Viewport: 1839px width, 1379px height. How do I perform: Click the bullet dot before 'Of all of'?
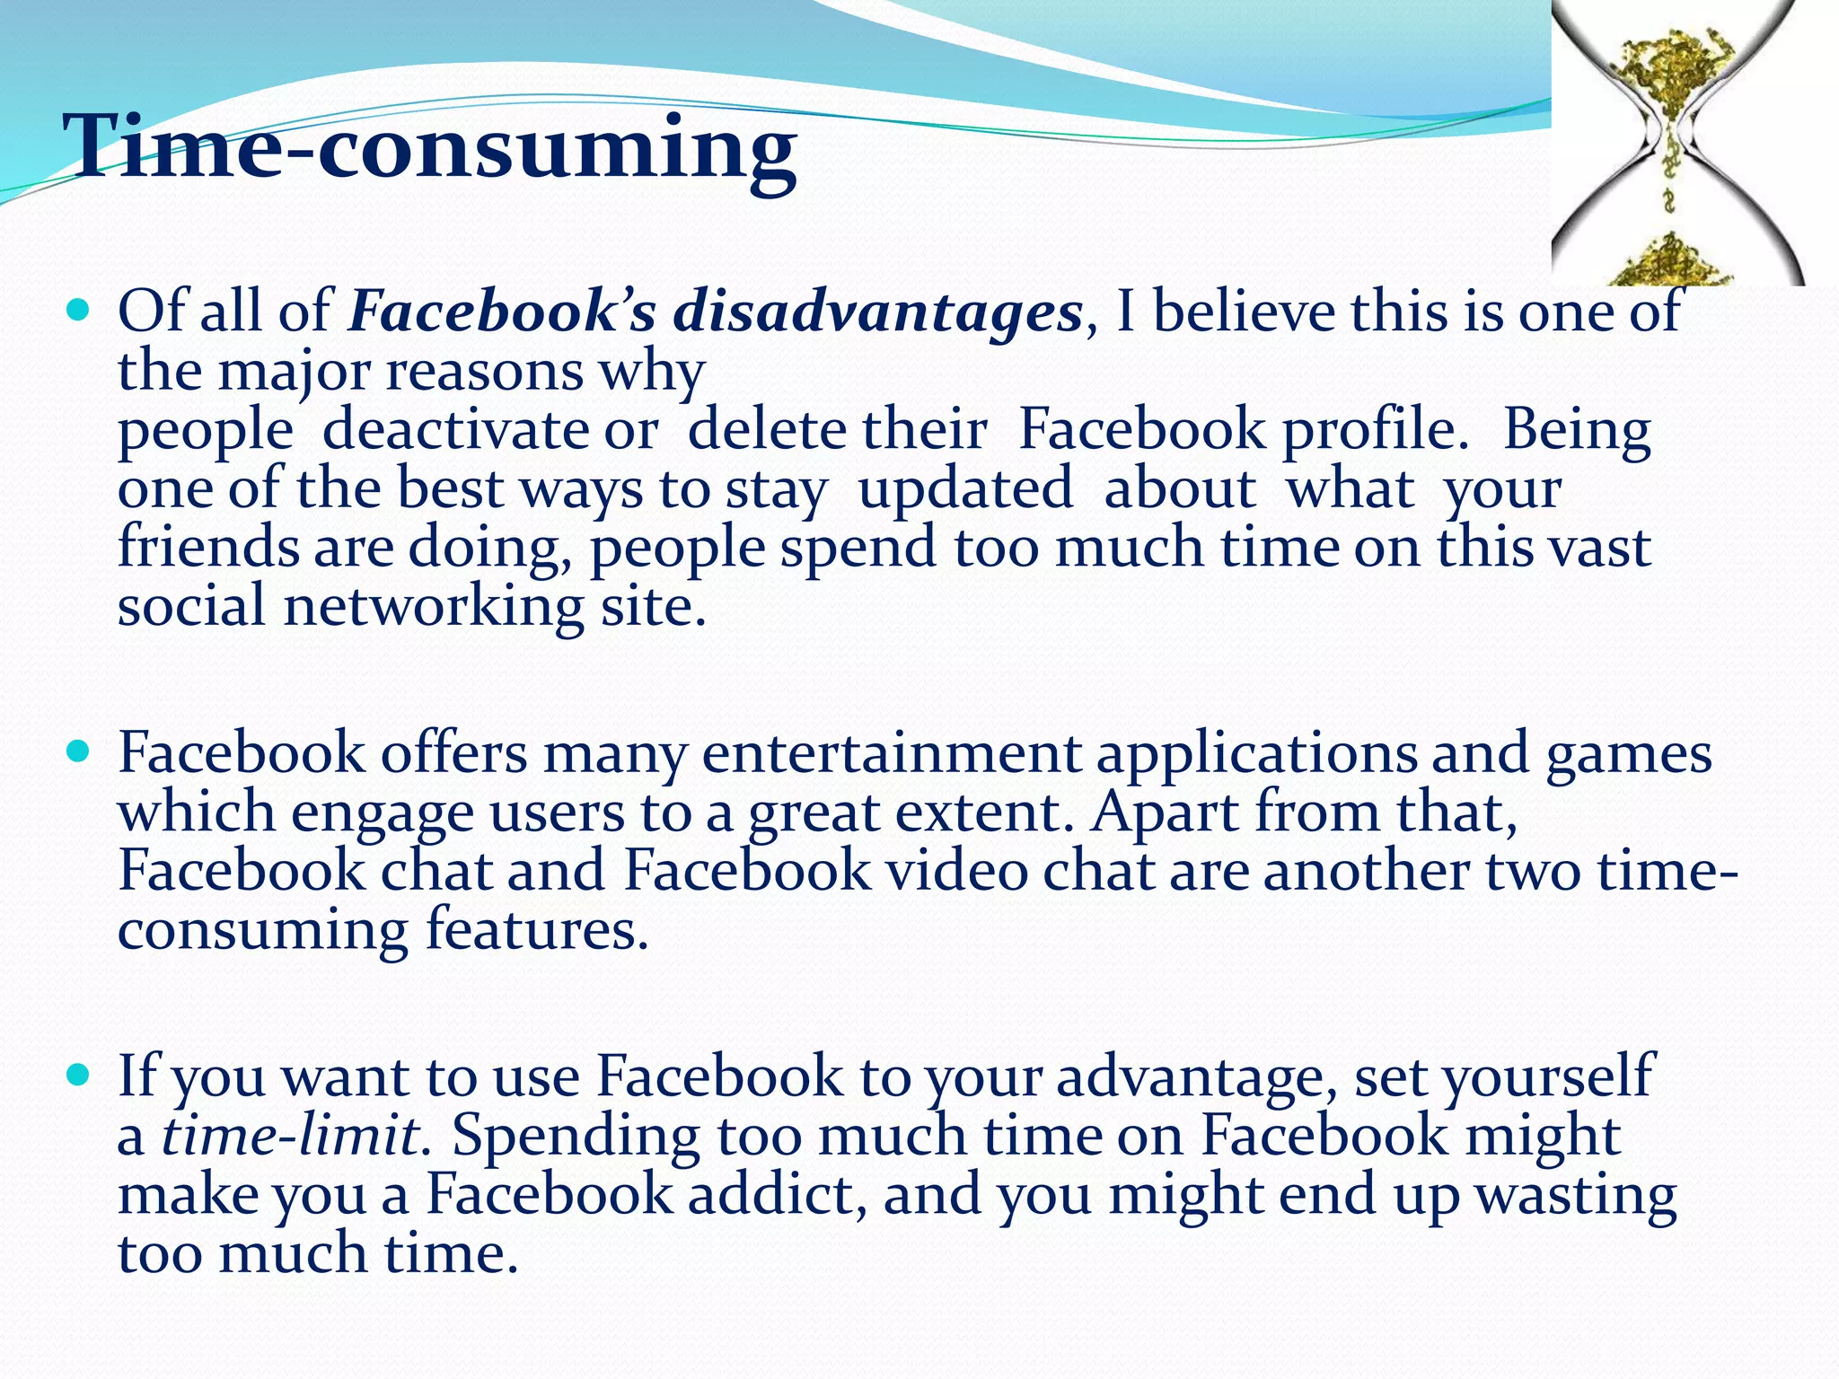pos(79,311)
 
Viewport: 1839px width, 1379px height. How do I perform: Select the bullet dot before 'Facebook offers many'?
pos(79,751)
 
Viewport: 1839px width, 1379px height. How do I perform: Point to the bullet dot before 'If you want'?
pos(79,1075)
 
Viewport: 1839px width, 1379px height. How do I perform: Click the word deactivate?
pos(490,430)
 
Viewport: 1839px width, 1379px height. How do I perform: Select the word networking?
pos(434,606)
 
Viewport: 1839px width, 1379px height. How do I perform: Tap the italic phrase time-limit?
pos(289,1136)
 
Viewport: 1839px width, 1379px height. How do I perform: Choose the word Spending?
pos(576,1136)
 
